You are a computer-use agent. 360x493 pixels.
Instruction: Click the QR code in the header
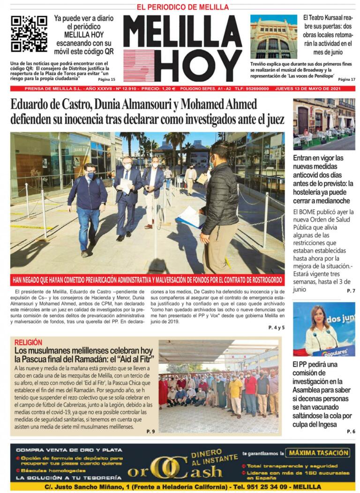coord(29,33)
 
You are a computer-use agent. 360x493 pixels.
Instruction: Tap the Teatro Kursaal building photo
coord(273,36)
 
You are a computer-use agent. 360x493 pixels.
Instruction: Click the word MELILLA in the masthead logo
coord(182,32)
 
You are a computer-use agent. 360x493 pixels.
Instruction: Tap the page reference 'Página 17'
coord(346,80)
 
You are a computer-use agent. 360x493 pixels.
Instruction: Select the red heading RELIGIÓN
coord(28,342)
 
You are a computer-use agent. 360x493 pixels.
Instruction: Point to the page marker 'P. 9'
coord(150,431)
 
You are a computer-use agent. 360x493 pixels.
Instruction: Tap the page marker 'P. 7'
coord(351,291)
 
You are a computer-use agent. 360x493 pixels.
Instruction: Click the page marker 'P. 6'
coord(351,432)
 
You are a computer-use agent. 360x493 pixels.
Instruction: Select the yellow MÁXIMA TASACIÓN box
coord(319,453)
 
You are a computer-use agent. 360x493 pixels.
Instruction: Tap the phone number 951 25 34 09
coord(263,487)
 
